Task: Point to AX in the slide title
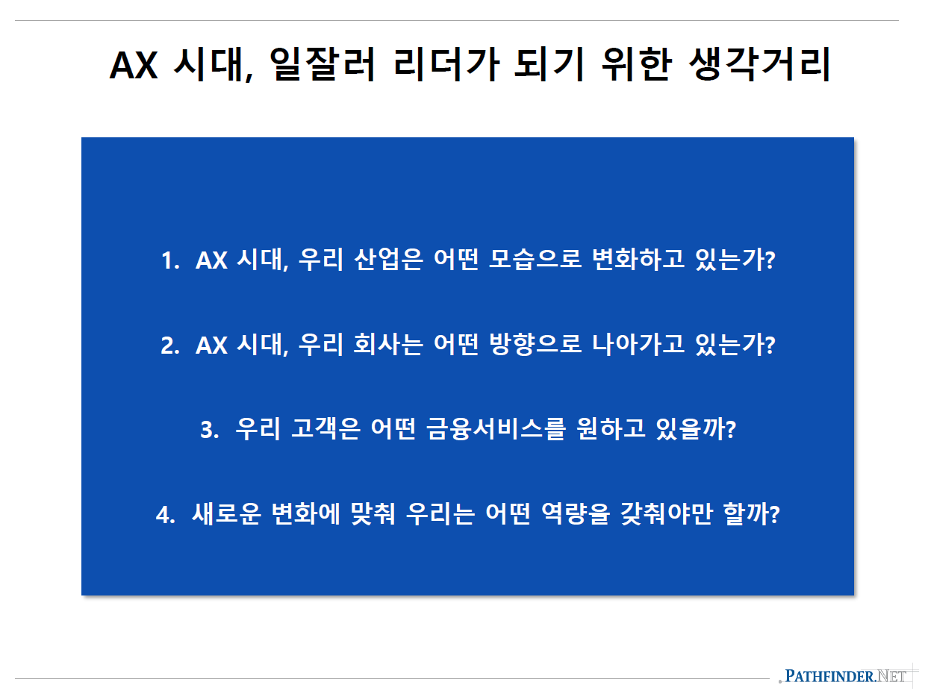(x=134, y=66)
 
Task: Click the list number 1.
(x=169, y=261)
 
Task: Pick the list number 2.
(x=169, y=345)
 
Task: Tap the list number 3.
(x=208, y=431)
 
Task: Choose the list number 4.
(x=165, y=516)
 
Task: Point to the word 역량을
(x=572, y=515)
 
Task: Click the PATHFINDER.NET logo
(x=846, y=677)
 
